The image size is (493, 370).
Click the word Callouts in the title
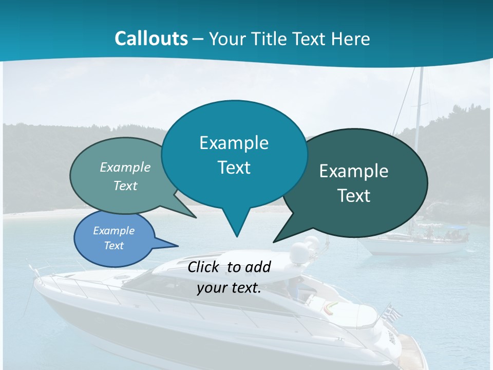151,39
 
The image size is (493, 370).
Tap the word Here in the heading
351,39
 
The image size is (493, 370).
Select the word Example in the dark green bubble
354,171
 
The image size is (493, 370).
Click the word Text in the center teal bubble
234,168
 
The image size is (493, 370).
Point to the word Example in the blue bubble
113,231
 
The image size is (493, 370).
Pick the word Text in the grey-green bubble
125,186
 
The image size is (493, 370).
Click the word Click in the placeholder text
204,267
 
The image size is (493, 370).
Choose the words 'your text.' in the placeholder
229,288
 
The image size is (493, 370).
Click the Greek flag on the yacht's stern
394,311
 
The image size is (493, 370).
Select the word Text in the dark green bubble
354,196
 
